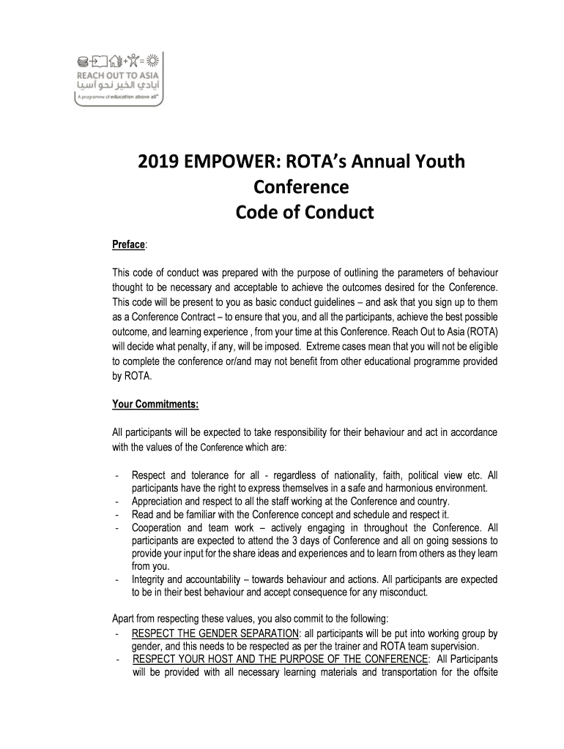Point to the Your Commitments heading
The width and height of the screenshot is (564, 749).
pos(155,403)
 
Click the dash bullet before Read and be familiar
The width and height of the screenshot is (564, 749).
pos(117,514)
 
